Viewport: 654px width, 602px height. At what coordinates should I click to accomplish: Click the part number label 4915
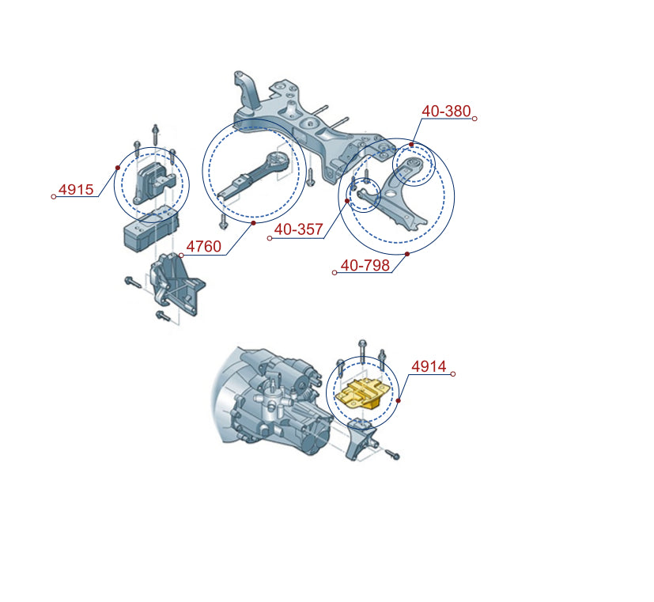[x=76, y=189]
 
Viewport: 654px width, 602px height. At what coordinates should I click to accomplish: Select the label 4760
[x=203, y=246]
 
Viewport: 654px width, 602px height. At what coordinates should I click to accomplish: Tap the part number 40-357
[x=299, y=229]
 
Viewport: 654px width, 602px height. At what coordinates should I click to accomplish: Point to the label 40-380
[x=446, y=111]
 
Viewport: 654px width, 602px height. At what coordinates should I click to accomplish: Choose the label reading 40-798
[x=365, y=265]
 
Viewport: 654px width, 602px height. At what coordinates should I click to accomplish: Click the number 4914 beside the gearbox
[x=429, y=366]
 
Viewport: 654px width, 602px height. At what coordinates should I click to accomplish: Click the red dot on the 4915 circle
[x=118, y=168]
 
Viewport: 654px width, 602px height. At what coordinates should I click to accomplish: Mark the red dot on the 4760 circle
[x=253, y=223]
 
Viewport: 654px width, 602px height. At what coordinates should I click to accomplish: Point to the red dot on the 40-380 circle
[x=411, y=144]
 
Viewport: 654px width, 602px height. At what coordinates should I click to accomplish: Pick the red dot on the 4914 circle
[x=399, y=400]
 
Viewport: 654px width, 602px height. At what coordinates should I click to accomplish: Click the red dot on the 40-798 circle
[x=407, y=254]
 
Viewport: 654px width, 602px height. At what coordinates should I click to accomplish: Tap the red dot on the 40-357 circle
[x=347, y=201]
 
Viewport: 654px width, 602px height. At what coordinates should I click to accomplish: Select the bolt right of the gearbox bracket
[x=392, y=454]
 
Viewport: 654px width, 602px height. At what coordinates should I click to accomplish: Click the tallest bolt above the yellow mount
[x=362, y=353]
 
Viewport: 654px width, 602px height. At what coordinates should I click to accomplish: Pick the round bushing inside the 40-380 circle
[x=414, y=163]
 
